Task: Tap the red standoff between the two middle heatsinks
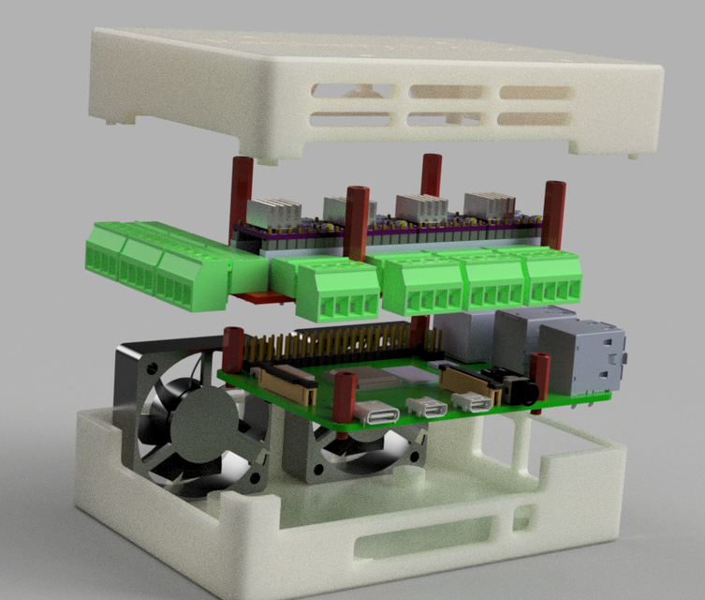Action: (357, 223)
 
